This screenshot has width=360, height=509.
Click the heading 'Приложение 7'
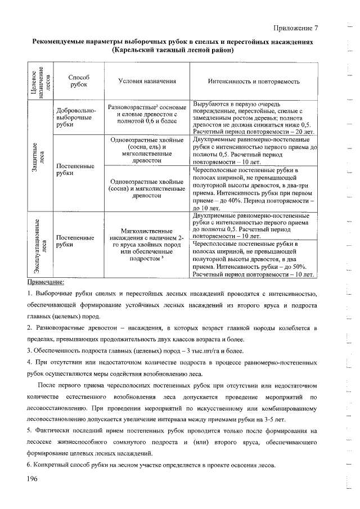tap(296, 28)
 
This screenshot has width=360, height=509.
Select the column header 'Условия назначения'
tap(147, 81)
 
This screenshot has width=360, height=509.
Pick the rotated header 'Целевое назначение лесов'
tap(39, 81)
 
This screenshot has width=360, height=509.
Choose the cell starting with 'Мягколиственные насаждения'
tap(147, 245)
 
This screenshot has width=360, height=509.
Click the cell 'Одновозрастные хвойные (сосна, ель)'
tap(147, 150)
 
